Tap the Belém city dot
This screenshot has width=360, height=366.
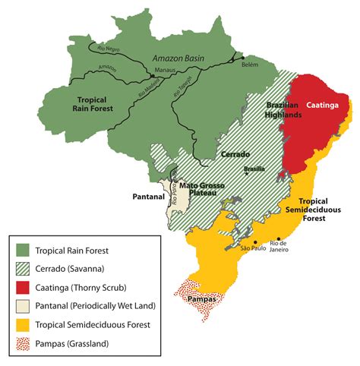(243, 57)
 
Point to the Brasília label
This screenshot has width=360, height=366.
(254, 169)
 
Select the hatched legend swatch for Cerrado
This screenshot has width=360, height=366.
(24, 268)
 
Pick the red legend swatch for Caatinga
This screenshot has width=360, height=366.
(24, 286)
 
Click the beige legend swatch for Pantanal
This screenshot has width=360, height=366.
(24, 305)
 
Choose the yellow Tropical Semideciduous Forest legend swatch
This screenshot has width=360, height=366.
(24, 324)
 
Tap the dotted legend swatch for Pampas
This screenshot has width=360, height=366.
(24, 343)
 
